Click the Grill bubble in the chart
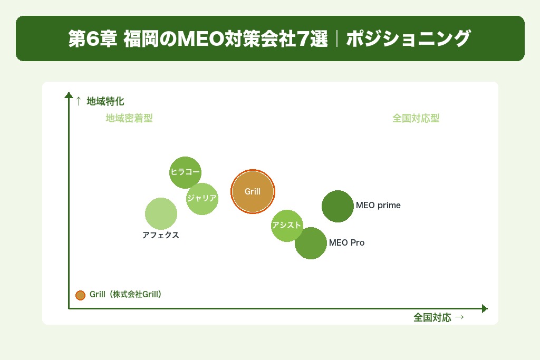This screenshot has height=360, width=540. (x=253, y=191)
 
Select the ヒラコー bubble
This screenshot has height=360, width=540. (x=185, y=172)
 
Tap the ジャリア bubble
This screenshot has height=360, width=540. (x=202, y=199)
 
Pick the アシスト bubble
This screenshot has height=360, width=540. (x=287, y=226)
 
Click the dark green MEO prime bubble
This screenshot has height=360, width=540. (x=337, y=206)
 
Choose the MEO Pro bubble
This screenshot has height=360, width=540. (x=311, y=243)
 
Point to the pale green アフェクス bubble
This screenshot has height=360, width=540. (x=161, y=213)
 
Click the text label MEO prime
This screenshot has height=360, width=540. (x=378, y=206)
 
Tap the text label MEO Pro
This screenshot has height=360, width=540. (x=346, y=243)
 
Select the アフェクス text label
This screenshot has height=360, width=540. (x=161, y=236)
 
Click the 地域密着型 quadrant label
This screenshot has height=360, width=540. (x=129, y=119)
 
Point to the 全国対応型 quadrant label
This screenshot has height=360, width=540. (x=416, y=119)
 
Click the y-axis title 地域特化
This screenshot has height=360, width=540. (x=105, y=101)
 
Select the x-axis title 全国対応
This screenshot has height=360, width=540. (x=432, y=317)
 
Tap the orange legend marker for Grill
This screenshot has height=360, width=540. (x=80, y=295)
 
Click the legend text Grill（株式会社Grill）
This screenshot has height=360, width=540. (x=126, y=295)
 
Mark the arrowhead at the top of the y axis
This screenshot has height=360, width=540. (x=69, y=95)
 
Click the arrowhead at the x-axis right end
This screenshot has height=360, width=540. (x=485, y=308)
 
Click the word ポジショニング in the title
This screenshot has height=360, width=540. (x=408, y=39)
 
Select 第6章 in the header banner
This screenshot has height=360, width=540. (x=92, y=39)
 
